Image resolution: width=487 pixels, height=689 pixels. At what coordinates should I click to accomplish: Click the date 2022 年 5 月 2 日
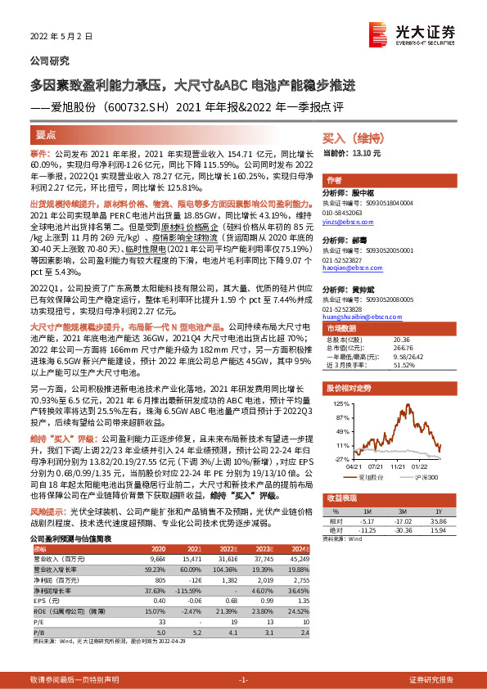(56, 37)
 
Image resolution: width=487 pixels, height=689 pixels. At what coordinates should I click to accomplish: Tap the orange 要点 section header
(47, 134)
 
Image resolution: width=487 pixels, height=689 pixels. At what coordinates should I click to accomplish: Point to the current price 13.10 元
(363, 153)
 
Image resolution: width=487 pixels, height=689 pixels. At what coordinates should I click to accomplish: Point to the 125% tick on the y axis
(340, 404)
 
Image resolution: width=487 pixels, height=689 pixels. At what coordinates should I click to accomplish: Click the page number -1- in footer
(243, 679)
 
